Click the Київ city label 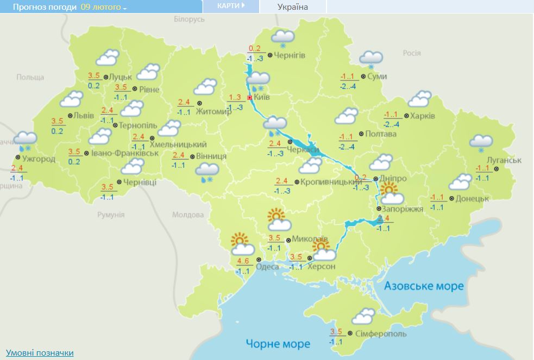(x=262, y=97)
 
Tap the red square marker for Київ (x=249, y=98)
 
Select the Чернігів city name (x=290, y=55)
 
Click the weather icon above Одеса (x=241, y=244)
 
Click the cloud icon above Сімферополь (x=362, y=316)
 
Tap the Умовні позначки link (x=40, y=352)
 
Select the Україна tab (x=292, y=7)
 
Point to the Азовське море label (x=424, y=286)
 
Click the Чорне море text (x=278, y=344)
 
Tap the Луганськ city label (x=505, y=160)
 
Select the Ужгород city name (x=38, y=159)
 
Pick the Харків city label (x=423, y=116)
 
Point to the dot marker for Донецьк (x=451, y=198)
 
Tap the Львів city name (x=84, y=116)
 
